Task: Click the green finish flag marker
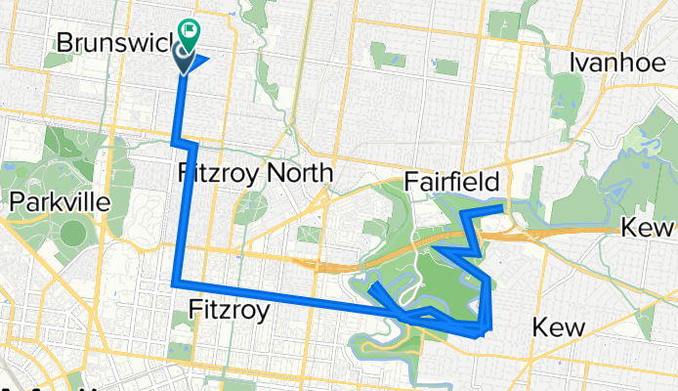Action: pyautogui.click(x=189, y=31)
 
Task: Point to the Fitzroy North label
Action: pyautogui.click(x=256, y=174)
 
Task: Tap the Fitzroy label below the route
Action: pyautogui.click(x=228, y=312)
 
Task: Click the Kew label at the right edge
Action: pyautogui.click(x=650, y=228)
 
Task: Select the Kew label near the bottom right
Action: pyautogui.click(x=560, y=328)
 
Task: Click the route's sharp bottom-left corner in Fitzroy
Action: pyautogui.click(x=176, y=283)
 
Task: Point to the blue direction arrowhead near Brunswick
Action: pyautogui.click(x=199, y=63)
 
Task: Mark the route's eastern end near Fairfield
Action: pyautogui.click(x=501, y=208)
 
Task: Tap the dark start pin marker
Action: pyautogui.click(x=183, y=57)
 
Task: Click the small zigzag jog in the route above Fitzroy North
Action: pyautogui.click(x=186, y=144)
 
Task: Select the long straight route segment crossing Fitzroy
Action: pyautogui.click(x=283, y=298)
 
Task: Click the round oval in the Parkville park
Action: pyautogui.click(x=74, y=234)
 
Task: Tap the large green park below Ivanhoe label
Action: pyautogui.click(x=568, y=98)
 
